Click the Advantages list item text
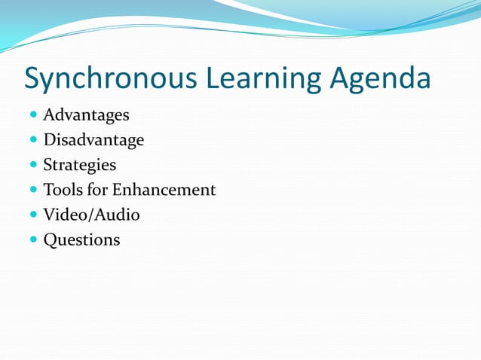(86, 115)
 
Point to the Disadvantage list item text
(93, 140)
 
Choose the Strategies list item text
(80, 165)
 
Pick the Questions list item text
(81, 240)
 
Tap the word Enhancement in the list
(164, 190)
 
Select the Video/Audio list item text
(91, 215)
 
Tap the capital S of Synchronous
(34, 78)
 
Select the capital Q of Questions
(50, 240)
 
